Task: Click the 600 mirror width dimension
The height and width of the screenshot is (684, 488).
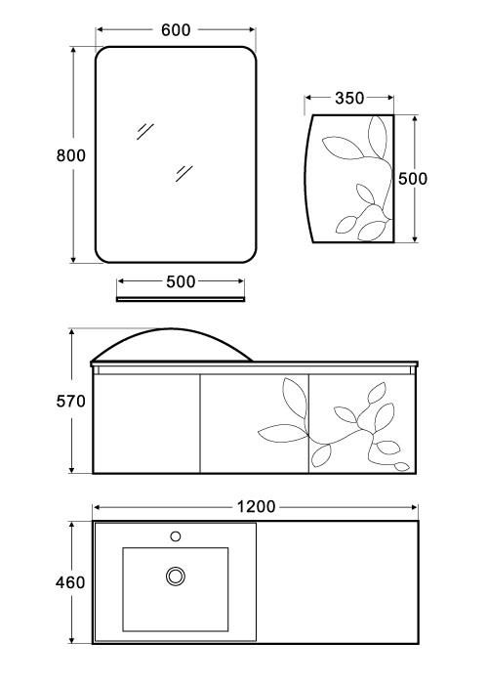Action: [x=176, y=29]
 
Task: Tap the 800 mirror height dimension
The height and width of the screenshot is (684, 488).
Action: [x=70, y=155]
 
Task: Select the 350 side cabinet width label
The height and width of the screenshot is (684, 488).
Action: [x=349, y=98]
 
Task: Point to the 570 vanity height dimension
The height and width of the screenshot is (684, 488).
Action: [x=70, y=401]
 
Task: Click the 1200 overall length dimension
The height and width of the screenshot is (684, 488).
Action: [x=256, y=507]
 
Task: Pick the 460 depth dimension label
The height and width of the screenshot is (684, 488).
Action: [x=70, y=582]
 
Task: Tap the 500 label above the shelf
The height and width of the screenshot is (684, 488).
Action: [x=181, y=281]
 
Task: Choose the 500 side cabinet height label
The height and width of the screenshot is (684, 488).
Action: [x=413, y=179]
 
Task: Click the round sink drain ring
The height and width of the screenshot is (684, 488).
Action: [x=176, y=577]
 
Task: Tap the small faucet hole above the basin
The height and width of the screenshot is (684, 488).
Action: [x=176, y=536]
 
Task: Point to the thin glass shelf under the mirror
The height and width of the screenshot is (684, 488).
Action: [x=181, y=299]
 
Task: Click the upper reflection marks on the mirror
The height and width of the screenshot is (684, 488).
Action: [x=145, y=131]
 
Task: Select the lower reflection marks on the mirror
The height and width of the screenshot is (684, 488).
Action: [x=184, y=173]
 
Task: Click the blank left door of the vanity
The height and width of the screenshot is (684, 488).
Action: [x=146, y=423]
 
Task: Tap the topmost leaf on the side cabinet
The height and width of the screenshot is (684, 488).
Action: [x=378, y=135]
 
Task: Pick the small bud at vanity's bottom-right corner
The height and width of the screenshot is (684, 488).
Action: [x=402, y=466]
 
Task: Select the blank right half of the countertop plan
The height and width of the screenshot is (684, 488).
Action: [x=337, y=582]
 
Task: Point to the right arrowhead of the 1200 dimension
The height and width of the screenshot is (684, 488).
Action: [x=414, y=507]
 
